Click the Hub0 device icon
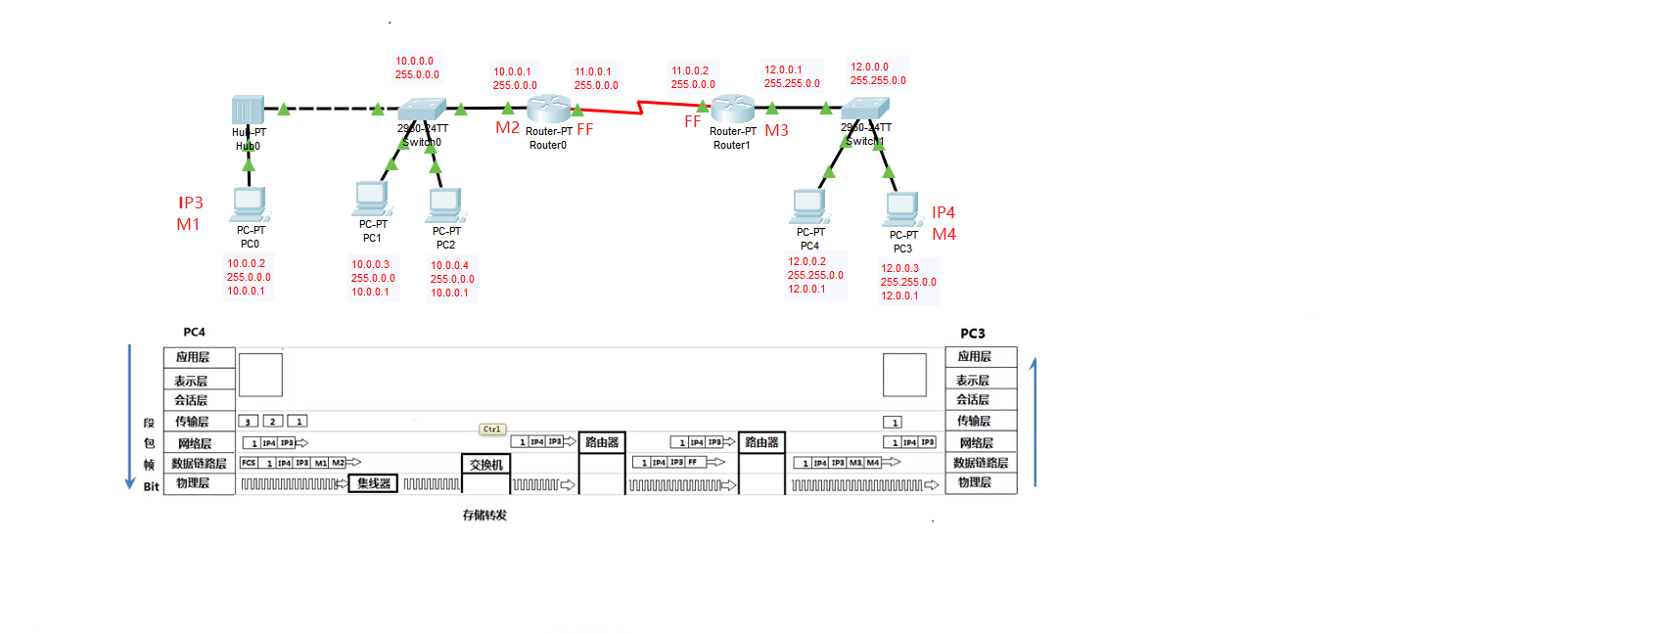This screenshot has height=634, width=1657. [248, 110]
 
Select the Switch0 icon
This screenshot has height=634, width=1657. [422, 109]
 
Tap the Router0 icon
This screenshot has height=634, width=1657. [548, 109]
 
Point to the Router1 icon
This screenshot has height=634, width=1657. [732, 109]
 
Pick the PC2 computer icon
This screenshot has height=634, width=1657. [445, 204]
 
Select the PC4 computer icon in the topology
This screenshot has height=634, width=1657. [809, 205]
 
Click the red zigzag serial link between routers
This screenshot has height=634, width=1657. [640, 108]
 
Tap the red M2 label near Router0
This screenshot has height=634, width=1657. [507, 128]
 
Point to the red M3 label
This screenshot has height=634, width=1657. [776, 130]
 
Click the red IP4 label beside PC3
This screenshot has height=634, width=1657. [944, 212]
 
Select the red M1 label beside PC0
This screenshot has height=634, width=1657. [188, 225]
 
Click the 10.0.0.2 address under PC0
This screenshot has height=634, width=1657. [247, 263]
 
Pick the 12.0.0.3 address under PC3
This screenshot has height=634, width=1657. [899, 268]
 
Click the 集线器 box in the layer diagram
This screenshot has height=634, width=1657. [373, 483]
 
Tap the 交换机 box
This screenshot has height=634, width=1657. [485, 465]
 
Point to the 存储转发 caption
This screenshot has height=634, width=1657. [484, 516]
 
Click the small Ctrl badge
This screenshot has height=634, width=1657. [491, 430]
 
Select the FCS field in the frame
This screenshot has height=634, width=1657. [249, 463]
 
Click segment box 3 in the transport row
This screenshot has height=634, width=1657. [249, 422]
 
